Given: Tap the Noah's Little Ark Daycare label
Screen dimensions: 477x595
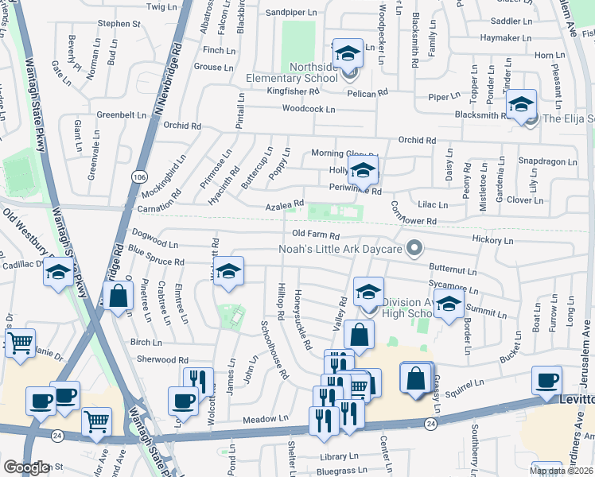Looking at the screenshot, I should click(340, 249).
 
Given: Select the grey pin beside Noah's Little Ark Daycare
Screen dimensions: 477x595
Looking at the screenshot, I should click(413, 249).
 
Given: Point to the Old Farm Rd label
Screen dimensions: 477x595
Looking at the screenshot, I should click(316, 235).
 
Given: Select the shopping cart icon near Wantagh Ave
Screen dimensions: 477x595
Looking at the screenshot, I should click(97, 421).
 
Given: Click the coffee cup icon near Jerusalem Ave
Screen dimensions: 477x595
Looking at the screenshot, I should click(546, 381).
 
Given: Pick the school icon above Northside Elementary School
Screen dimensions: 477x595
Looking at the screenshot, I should click(347, 54).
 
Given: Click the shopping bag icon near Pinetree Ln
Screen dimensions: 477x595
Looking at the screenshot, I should click(118, 295).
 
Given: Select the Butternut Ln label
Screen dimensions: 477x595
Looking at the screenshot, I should click(452, 270).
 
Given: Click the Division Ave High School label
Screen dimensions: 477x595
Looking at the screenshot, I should click(410, 308).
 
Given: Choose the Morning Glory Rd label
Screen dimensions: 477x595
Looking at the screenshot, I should click(343, 153).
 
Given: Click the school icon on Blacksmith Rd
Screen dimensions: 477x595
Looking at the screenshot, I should click(521, 105).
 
